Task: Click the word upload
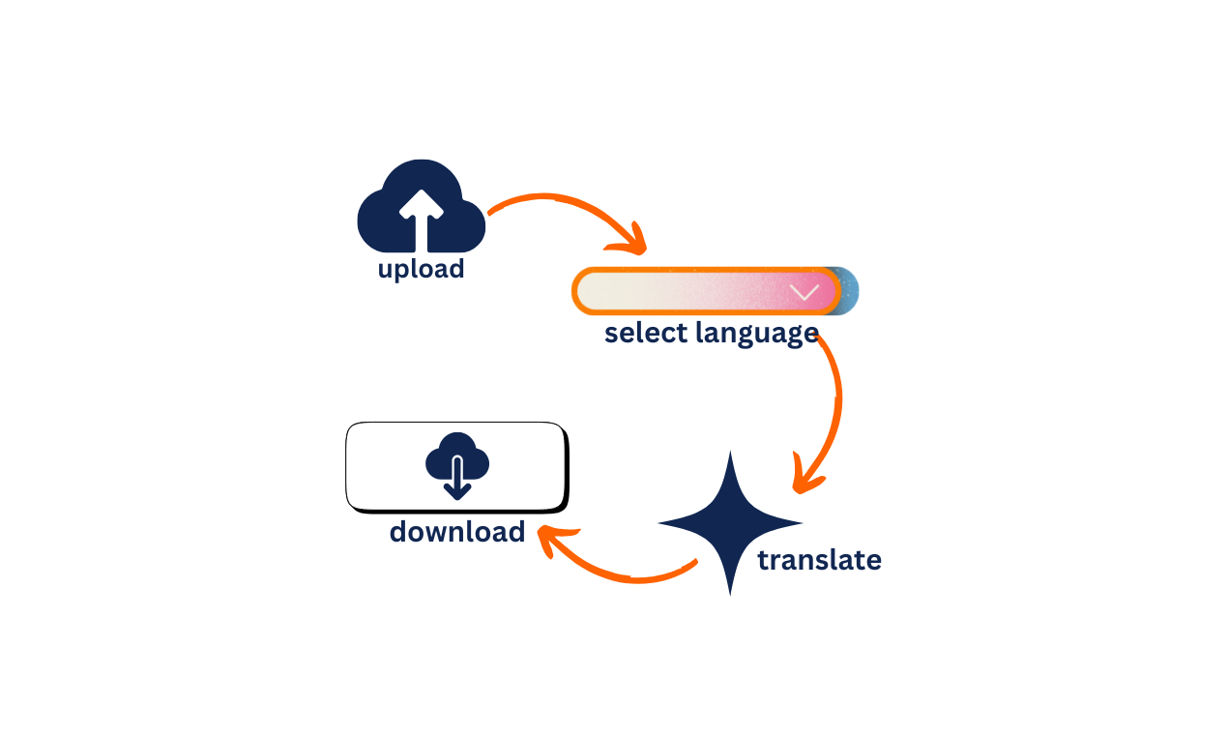pyautogui.click(x=421, y=268)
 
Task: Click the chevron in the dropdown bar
pyautogui.click(x=804, y=292)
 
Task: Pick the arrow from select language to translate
pyautogui.click(x=832, y=406)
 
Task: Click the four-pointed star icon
pyautogui.click(x=730, y=523)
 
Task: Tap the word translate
pyautogui.click(x=819, y=560)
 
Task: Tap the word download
pyautogui.click(x=457, y=531)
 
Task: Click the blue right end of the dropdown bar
pyautogui.click(x=849, y=291)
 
